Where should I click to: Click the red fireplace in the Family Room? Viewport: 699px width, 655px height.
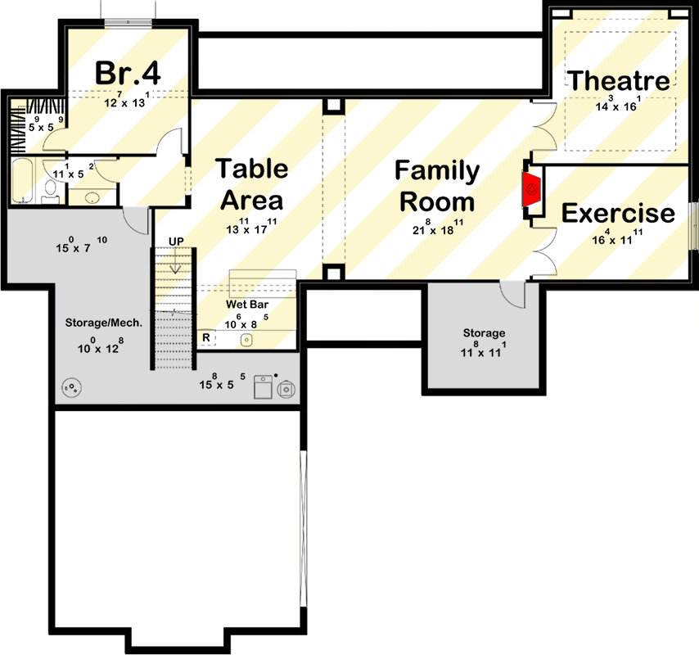[532, 190]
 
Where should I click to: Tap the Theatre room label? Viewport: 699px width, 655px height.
[619, 80]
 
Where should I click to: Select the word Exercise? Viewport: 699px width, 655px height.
[618, 214]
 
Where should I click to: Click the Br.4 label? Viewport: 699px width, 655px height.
[127, 72]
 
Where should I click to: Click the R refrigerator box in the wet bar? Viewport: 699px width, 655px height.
[205, 337]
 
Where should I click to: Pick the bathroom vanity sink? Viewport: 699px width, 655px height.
[92, 197]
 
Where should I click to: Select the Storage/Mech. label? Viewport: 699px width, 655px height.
[104, 323]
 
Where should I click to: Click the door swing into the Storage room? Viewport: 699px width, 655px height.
[514, 294]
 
